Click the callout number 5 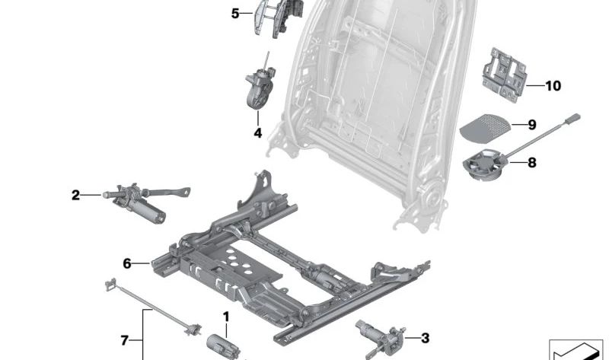[235, 13]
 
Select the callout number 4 [257, 133]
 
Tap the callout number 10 [552, 86]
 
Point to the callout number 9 [532, 124]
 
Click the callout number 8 [531, 161]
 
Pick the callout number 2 [75, 196]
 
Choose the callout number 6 [127, 264]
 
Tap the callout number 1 [226, 316]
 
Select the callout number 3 [425, 338]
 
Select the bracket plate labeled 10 [503, 72]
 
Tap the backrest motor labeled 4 [258, 90]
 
